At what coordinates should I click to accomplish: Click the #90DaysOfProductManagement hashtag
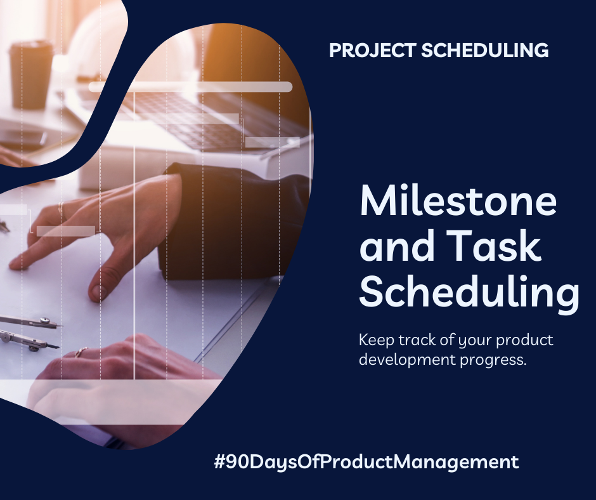coord(366,462)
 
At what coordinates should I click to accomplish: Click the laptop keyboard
coord(209,117)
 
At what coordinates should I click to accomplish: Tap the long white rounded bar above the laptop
coord(190,87)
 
